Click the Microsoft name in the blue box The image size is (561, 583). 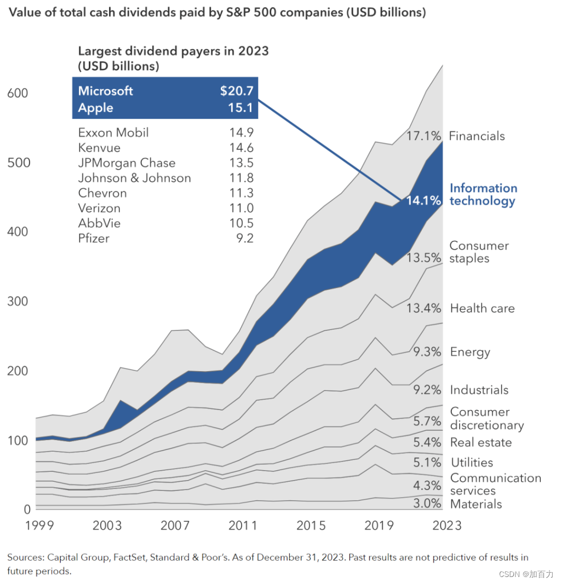[x=105, y=91]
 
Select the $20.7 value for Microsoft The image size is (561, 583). [x=237, y=91]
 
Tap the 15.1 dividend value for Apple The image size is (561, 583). [x=241, y=108]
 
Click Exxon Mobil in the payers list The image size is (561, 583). [x=113, y=132]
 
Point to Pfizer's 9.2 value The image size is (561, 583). [x=245, y=238]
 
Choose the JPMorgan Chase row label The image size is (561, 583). [x=127, y=163]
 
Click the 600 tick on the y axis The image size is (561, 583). [x=18, y=93]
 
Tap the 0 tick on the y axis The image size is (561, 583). [x=27, y=510]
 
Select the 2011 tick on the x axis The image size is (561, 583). [x=243, y=526]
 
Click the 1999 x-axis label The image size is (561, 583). [x=39, y=526]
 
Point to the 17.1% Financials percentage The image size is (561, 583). [x=423, y=136]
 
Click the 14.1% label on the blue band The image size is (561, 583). [x=423, y=201]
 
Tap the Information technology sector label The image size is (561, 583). [x=483, y=194]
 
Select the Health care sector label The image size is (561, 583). [x=482, y=308]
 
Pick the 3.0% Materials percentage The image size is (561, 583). [x=427, y=504]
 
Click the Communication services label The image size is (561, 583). [x=495, y=484]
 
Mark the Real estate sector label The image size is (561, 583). [x=480, y=442]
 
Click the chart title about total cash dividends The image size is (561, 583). [x=217, y=13]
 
